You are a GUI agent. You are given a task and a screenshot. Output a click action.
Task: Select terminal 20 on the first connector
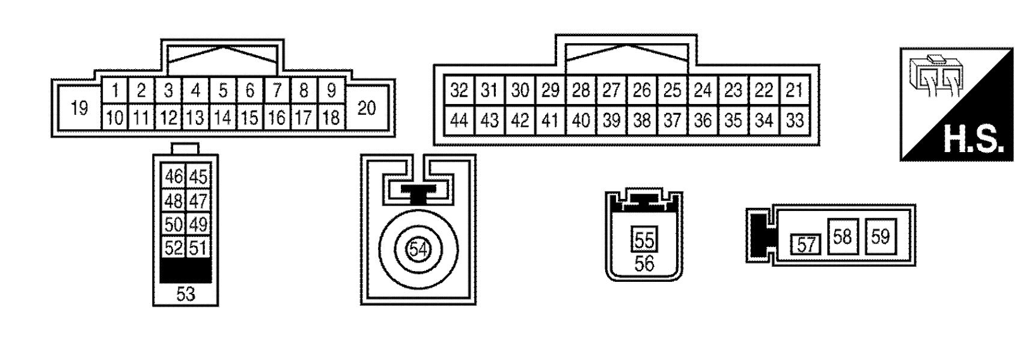point(367,108)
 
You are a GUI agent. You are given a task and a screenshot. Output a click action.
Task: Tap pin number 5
point(223,91)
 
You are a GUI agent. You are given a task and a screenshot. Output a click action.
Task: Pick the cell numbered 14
point(223,117)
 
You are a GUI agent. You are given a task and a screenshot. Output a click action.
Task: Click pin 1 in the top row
point(115,91)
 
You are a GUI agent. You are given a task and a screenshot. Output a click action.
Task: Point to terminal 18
point(331,117)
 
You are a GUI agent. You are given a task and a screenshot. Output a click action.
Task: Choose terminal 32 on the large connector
point(459,91)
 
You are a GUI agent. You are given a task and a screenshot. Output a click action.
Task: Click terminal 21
point(795,91)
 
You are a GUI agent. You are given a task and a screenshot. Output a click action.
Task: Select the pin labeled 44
point(459,121)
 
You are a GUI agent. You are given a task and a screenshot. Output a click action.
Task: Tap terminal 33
point(795,121)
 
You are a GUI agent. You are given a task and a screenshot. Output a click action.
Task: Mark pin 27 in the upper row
point(611,91)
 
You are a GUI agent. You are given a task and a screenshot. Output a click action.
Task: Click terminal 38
point(642,121)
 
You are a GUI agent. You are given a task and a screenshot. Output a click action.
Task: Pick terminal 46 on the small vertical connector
point(174,177)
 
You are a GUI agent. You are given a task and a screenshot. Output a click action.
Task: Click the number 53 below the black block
point(186,294)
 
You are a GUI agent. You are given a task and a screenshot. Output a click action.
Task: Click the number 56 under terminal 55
point(644,263)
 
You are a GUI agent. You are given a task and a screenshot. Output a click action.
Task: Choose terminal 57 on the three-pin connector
point(805,245)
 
